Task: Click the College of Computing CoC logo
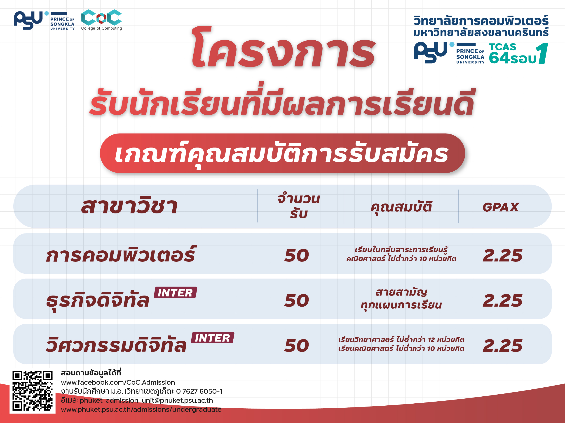pyautogui.click(x=101, y=20)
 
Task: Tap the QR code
pyautogui.click(x=33, y=391)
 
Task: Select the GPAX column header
pyautogui.click(x=501, y=207)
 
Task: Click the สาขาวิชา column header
pyautogui.click(x=129, y=206)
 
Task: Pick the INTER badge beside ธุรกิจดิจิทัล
pyautogui.click(x=175, y=292)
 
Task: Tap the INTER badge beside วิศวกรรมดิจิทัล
pyautogui.click(x=213, y=337)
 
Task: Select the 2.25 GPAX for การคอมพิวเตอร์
pyautogui.click(x=502, y=255)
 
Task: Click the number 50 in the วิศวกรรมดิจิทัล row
pyautogui.click(x=297, y=346)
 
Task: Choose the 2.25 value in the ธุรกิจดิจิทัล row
pyautogui.click(x=502, y=300)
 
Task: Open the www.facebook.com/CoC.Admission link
pyautogui.click(x=118, y=382)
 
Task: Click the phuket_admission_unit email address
pyautogui.click(x=146, y=400)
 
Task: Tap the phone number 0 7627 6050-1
pyautogui.click(x=199, y=391)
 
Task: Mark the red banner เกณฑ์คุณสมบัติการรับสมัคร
pyautogui.click(x=282, y=153)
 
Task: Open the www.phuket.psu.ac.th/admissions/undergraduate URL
pyautogui.click(x=141, y=409)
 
